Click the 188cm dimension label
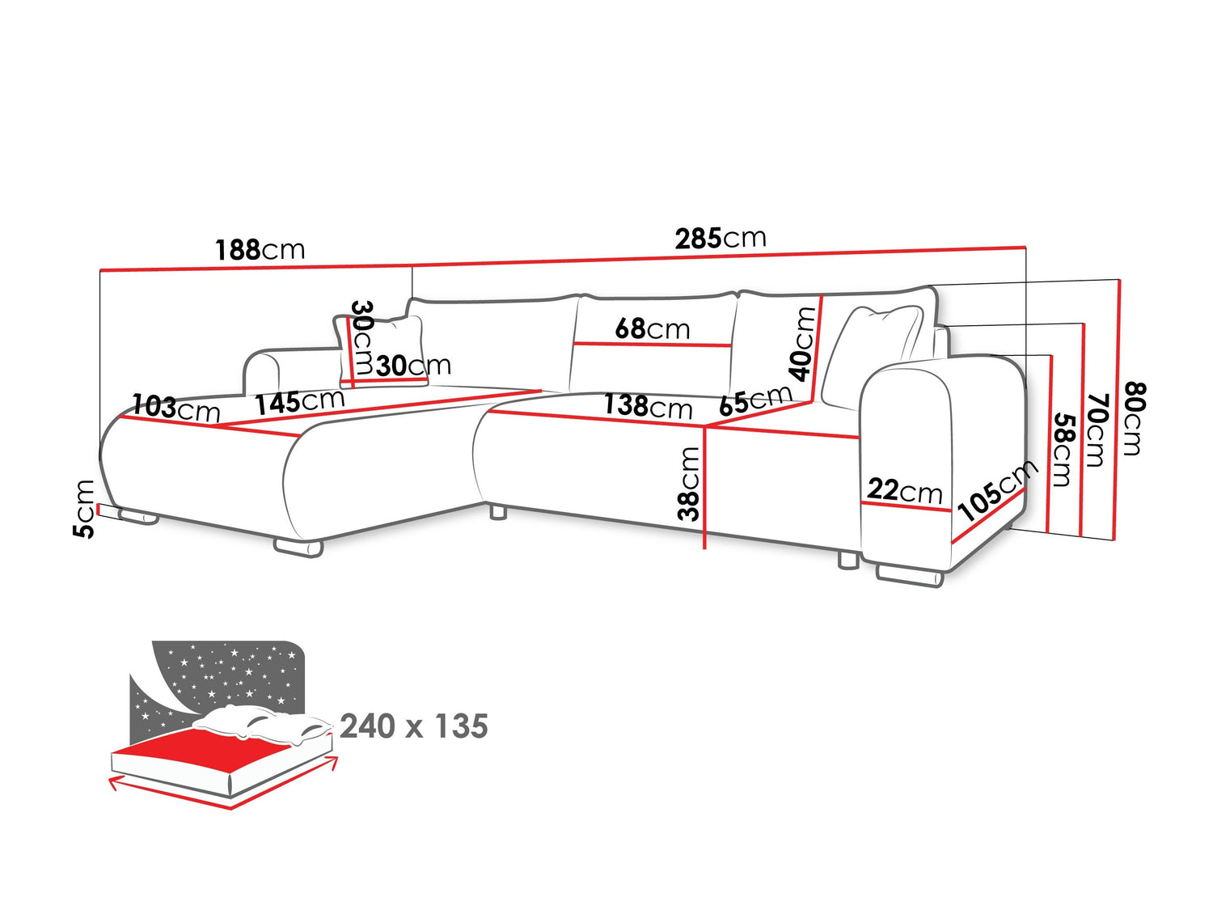click(x=260, y=249)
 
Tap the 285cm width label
click(x=721, y=239)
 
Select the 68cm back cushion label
click(x=652, y=328)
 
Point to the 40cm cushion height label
click(x=803, y=343)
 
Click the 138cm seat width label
click(x=647, y=405)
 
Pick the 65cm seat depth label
click(x=755, y=400)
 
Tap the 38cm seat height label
click(x=688, y=484)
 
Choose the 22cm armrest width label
click(x=904, y=490)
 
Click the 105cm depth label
click(x=996, y=491)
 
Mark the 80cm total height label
click(x=1134, y=419)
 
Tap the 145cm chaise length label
click(x=299, y=402)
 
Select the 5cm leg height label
click(x=84, y=509)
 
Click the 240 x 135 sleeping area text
click(x=414, y=726)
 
